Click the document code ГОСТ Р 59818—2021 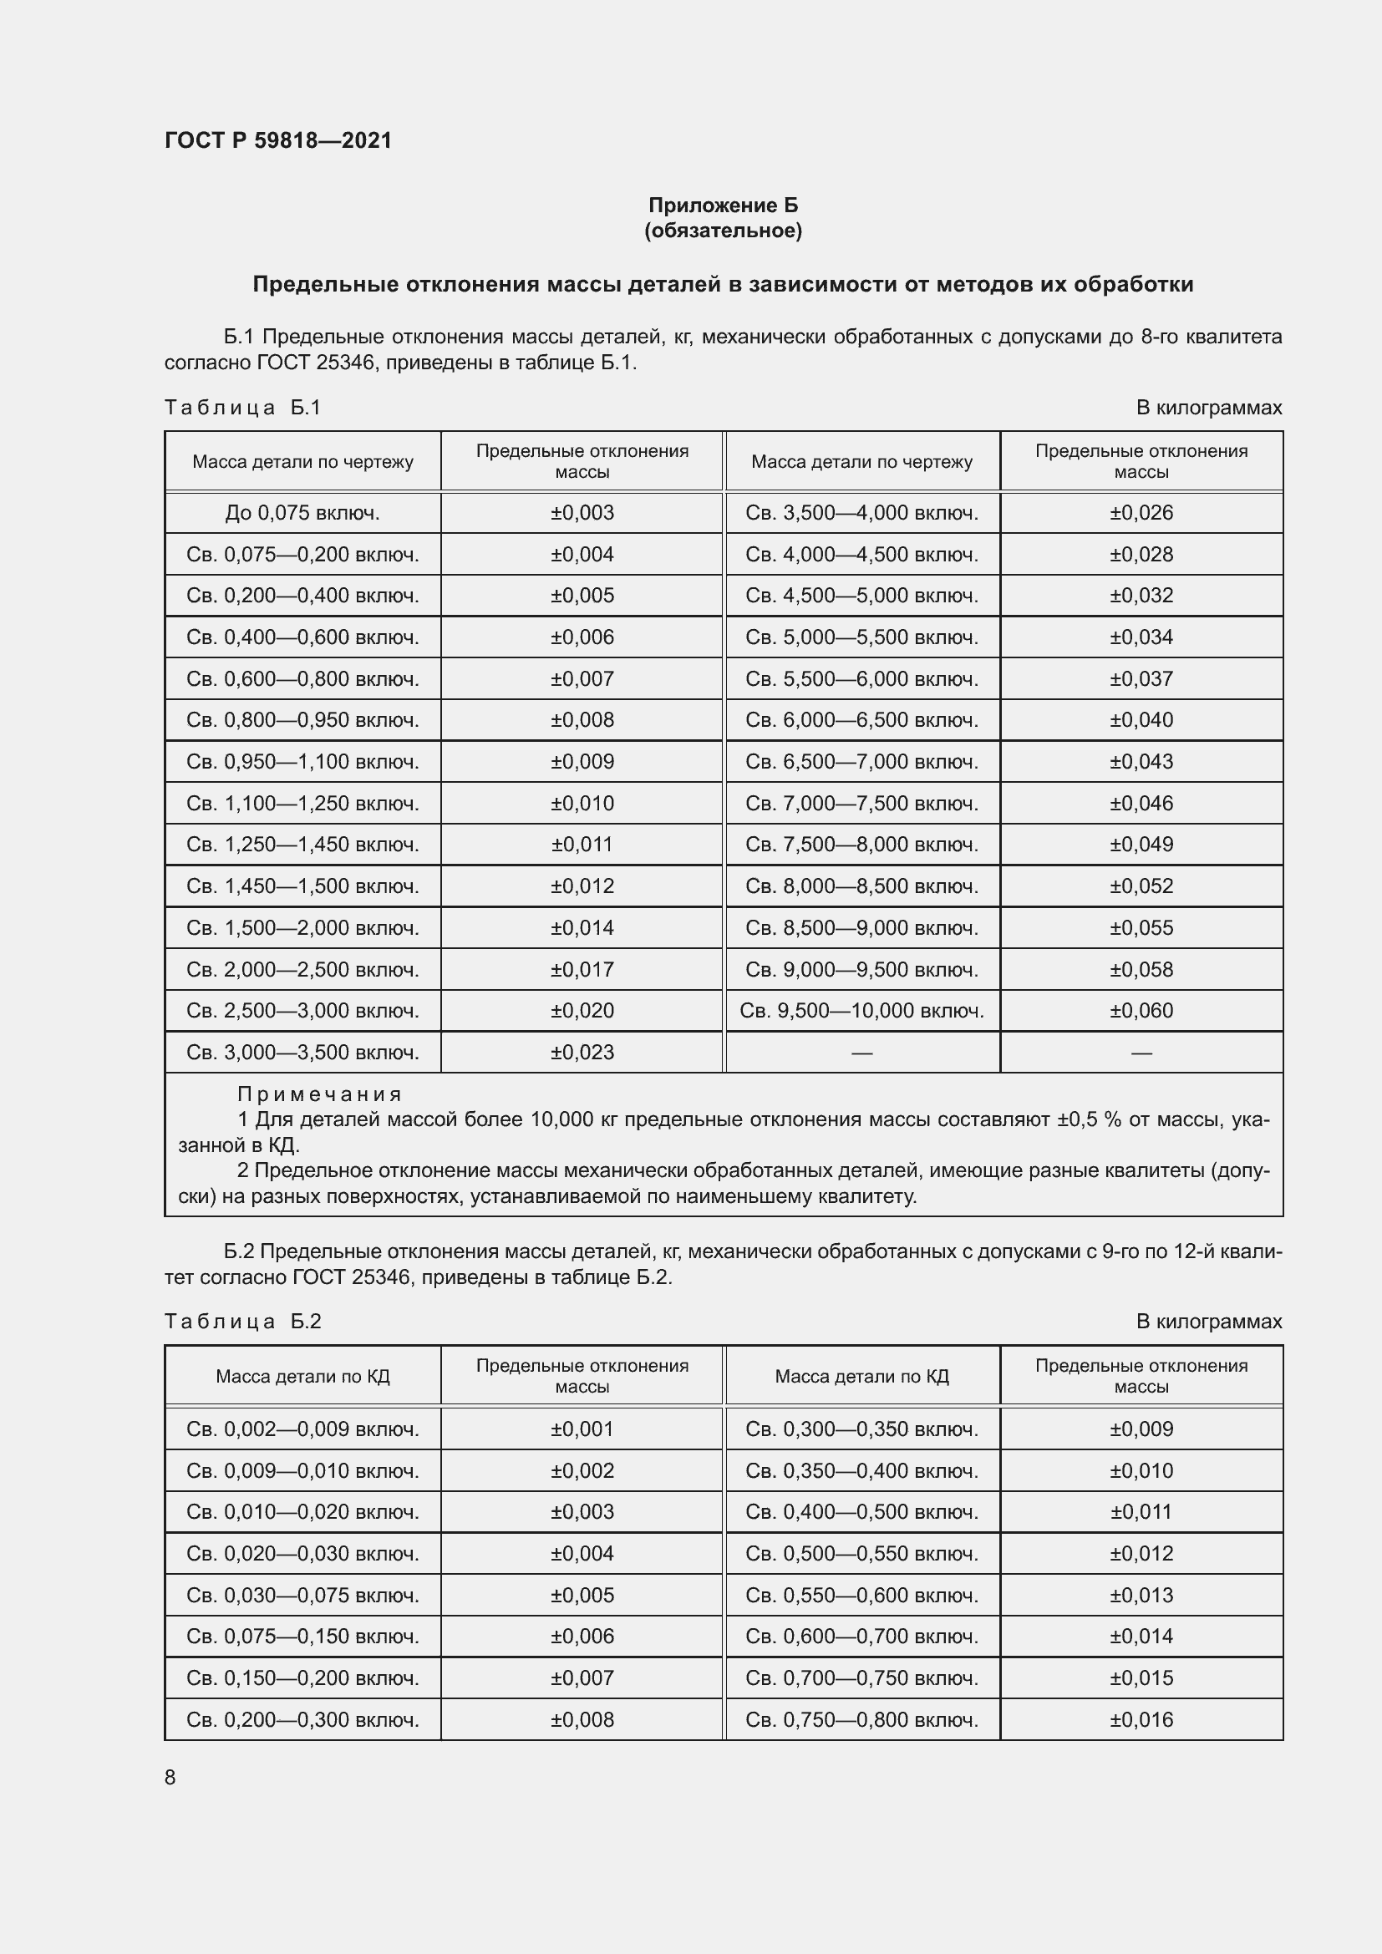278,140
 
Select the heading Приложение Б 723,206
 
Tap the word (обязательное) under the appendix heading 723,231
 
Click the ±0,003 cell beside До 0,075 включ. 582,512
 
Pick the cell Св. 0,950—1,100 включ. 302,762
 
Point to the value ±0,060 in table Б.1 1141,1010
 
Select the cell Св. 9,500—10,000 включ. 861,1010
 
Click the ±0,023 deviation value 582,1052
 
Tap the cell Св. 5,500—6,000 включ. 861,679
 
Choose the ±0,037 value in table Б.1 1141,679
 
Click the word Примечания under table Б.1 319,1094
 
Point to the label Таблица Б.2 242,1321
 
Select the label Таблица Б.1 242,408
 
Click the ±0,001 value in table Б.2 582,1429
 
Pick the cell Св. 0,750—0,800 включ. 861,1719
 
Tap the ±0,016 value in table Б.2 1141,1719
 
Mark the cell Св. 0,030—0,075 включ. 302,1595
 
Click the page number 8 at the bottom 170,1777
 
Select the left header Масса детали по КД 302,1376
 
